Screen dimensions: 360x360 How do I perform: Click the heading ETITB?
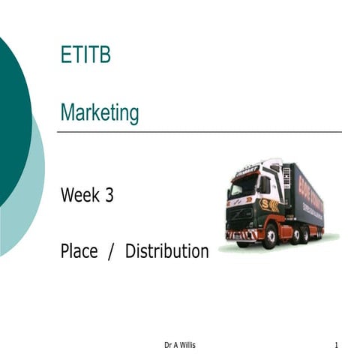point(85,55)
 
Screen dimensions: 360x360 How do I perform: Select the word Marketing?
point(100,113)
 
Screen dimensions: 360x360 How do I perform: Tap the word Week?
point(80,196)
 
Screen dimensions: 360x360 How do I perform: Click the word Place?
point(79,251)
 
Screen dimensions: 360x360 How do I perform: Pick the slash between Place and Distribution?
point(111,251)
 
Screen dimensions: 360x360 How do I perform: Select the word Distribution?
point(166,251)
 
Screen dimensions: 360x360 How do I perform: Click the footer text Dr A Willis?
point(180,345)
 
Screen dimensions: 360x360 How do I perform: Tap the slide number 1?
point(337,345)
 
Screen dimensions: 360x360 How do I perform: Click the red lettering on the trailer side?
point(311,196)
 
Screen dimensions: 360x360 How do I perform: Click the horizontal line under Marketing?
point(199,132)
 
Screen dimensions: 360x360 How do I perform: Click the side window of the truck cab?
point(265,184)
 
